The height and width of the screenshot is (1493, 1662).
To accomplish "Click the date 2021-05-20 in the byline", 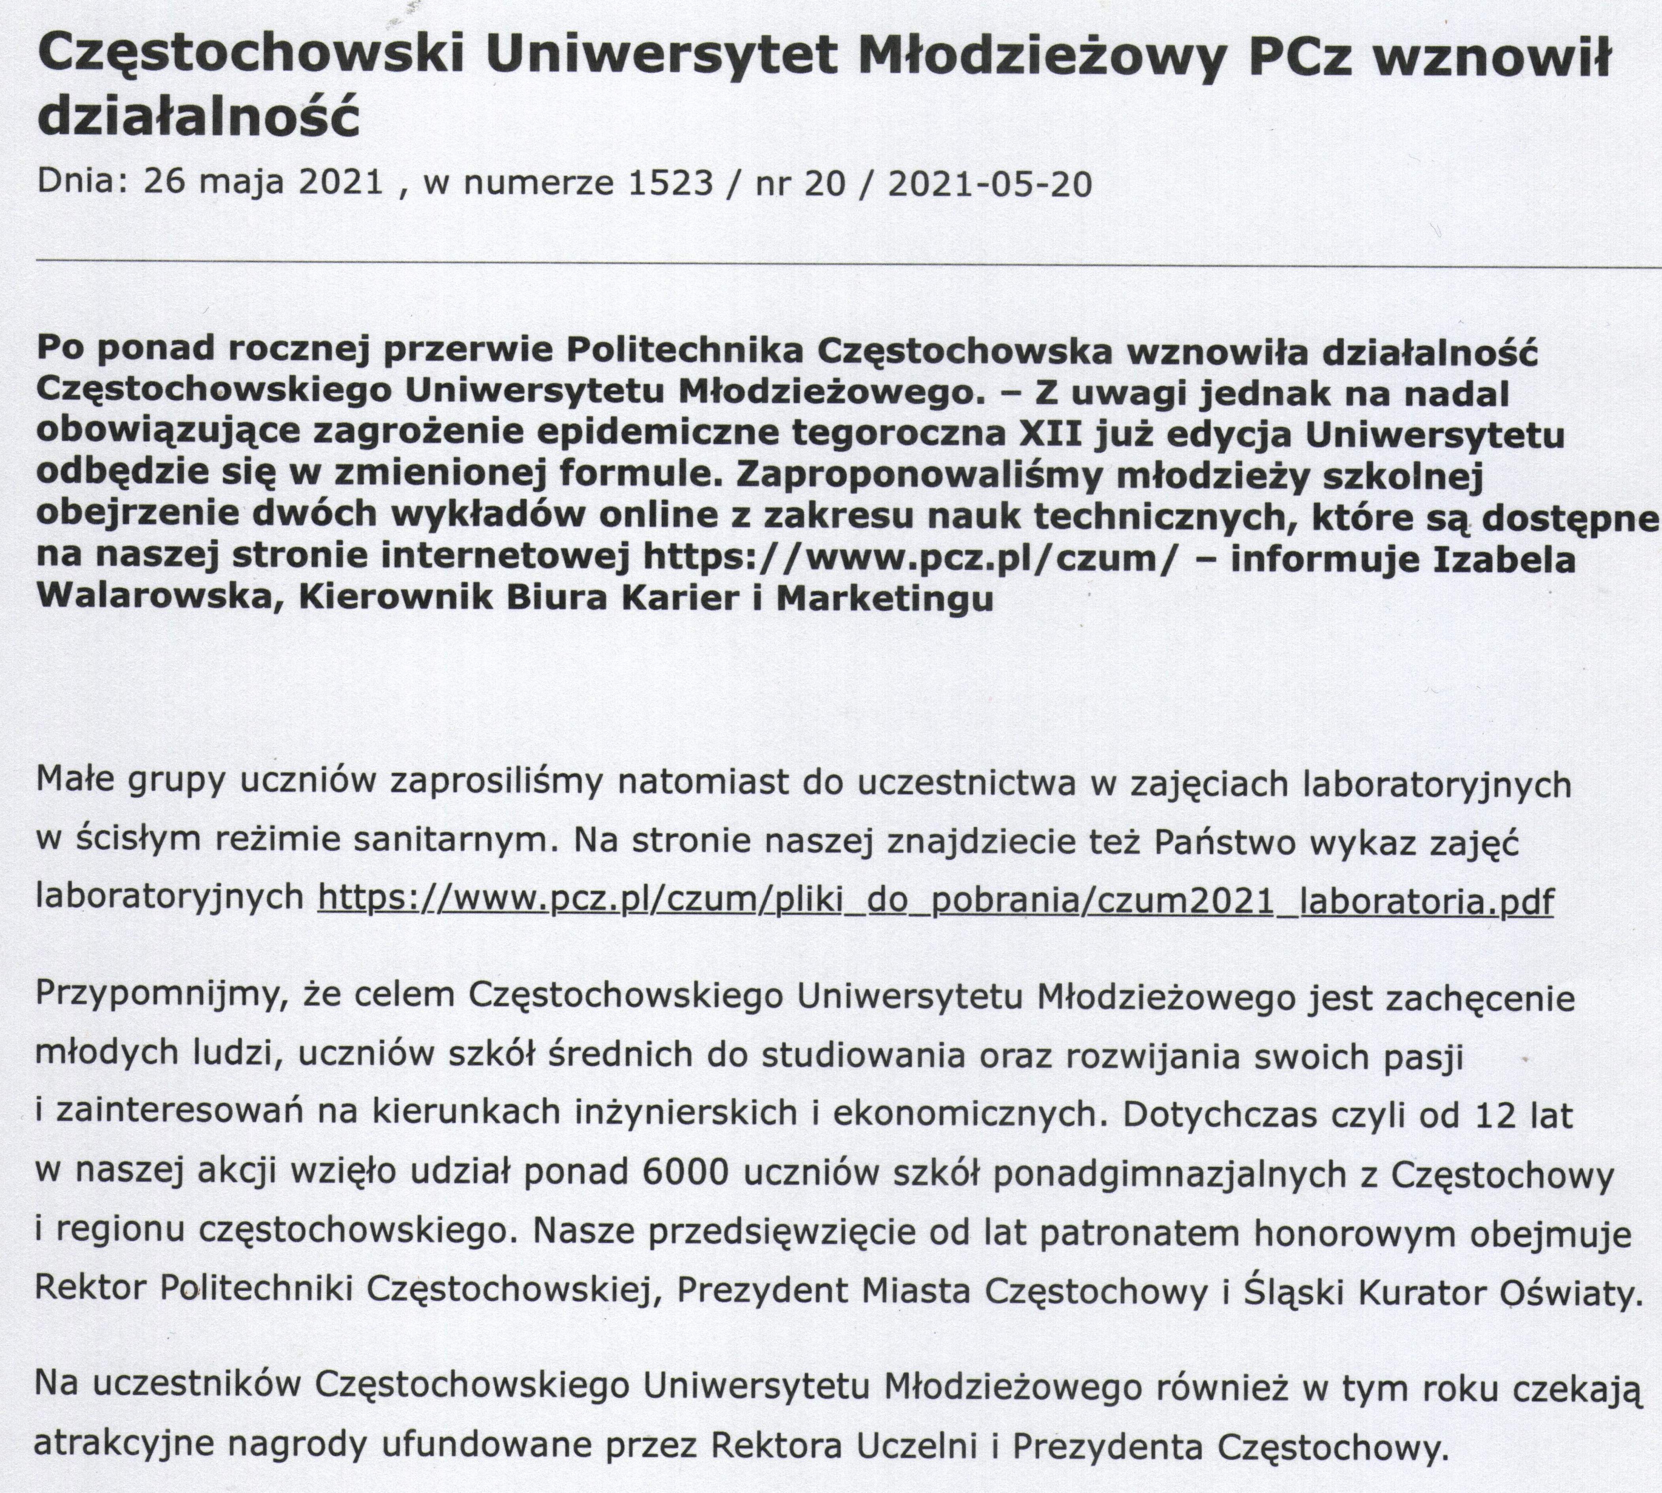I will [990, 183].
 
